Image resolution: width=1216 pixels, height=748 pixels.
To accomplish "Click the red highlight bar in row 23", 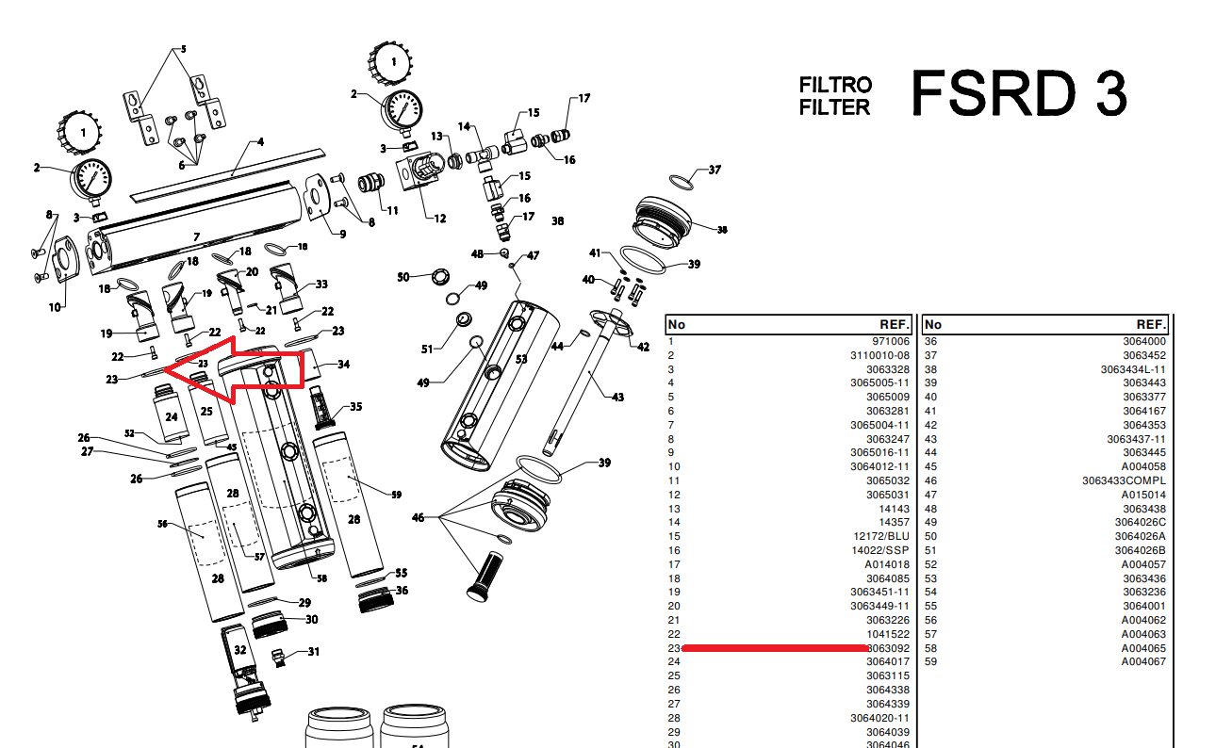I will (x=774, y=648).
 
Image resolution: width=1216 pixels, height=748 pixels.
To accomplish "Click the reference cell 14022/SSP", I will (x=881, y=550).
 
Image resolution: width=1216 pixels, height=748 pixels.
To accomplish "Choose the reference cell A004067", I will (x=1143, y=661).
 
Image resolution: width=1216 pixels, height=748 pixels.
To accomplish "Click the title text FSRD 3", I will (x=1018, y=93).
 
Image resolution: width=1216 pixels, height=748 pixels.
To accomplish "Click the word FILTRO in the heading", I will (x=835, y=86).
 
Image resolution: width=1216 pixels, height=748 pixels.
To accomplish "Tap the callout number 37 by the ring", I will (x=715, y=171).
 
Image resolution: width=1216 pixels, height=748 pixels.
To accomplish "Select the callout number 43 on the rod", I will (x=617, y=397).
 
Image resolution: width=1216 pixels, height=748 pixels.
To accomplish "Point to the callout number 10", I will (x=55, y=307).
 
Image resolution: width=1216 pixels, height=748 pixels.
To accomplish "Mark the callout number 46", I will (x=418, y=518).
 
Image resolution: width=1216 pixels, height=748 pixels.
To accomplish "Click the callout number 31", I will (x=314, y=652).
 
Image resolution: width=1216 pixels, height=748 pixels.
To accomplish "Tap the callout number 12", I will (x=439, y=219).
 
